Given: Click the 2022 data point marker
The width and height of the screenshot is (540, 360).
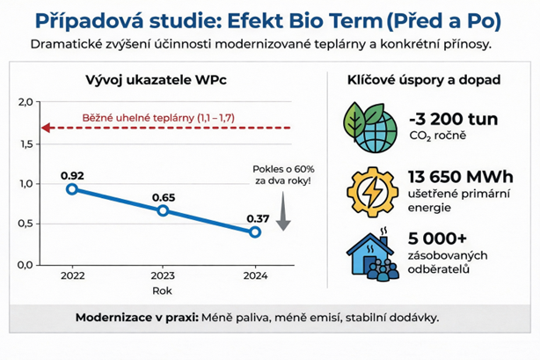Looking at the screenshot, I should coord(72,188).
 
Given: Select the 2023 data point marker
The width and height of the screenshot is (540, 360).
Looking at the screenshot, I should coord(163,210).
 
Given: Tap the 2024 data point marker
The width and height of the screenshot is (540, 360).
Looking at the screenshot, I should coord(254,232).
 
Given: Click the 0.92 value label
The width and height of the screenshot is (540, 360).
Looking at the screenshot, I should coord(72,175).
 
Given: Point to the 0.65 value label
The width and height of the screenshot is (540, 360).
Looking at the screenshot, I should coord(164,197).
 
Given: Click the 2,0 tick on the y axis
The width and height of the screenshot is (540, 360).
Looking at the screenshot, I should coord(25,103).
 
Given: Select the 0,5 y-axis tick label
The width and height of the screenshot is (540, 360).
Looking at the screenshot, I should coord(25,224).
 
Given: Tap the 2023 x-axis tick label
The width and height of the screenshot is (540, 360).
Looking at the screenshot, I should coord(163,274).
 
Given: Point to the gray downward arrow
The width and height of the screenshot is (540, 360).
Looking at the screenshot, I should coord(283,214).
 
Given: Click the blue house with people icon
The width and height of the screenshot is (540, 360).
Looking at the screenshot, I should coord(373,252).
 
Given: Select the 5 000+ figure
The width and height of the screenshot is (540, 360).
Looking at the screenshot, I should coord(438,236).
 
